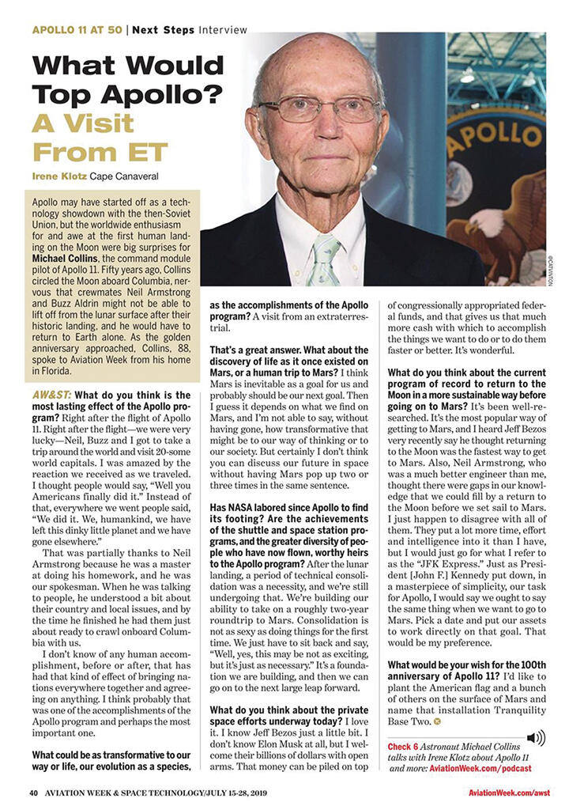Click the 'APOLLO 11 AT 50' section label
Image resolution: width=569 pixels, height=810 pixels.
point(77,30)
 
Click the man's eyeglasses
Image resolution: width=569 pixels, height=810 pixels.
point(319,109)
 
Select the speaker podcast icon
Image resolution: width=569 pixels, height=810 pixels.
point(535,738)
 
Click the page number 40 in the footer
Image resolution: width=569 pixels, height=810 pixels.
point(34,793)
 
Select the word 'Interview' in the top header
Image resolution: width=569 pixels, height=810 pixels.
point(223,30)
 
